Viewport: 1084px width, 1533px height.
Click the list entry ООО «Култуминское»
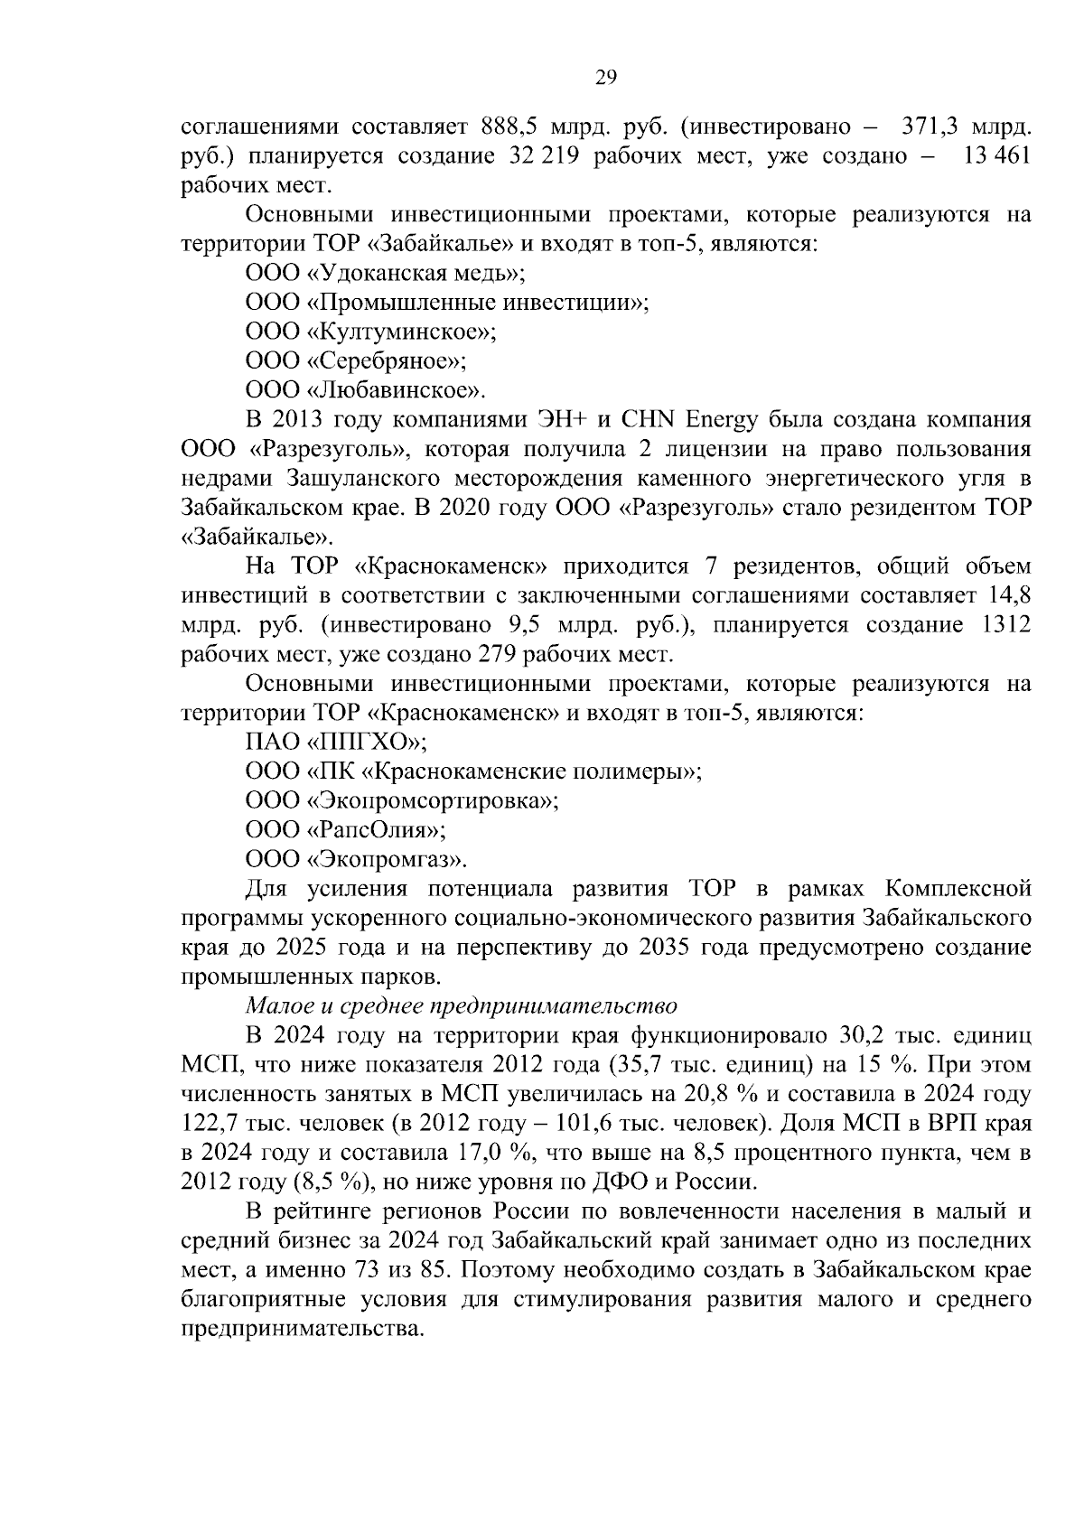[x=370, y=332]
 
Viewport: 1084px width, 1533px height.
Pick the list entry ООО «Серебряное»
[x=355, y=361]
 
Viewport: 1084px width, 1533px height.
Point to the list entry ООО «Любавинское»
[x=365, y=390]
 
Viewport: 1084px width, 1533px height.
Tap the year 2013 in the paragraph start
[x=298, y=420]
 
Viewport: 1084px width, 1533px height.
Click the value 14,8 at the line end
[x=1010, y=596]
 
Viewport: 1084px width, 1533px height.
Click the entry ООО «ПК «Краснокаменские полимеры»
[x=473, y=771]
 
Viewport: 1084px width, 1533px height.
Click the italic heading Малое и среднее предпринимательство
[x=461, y=1005]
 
